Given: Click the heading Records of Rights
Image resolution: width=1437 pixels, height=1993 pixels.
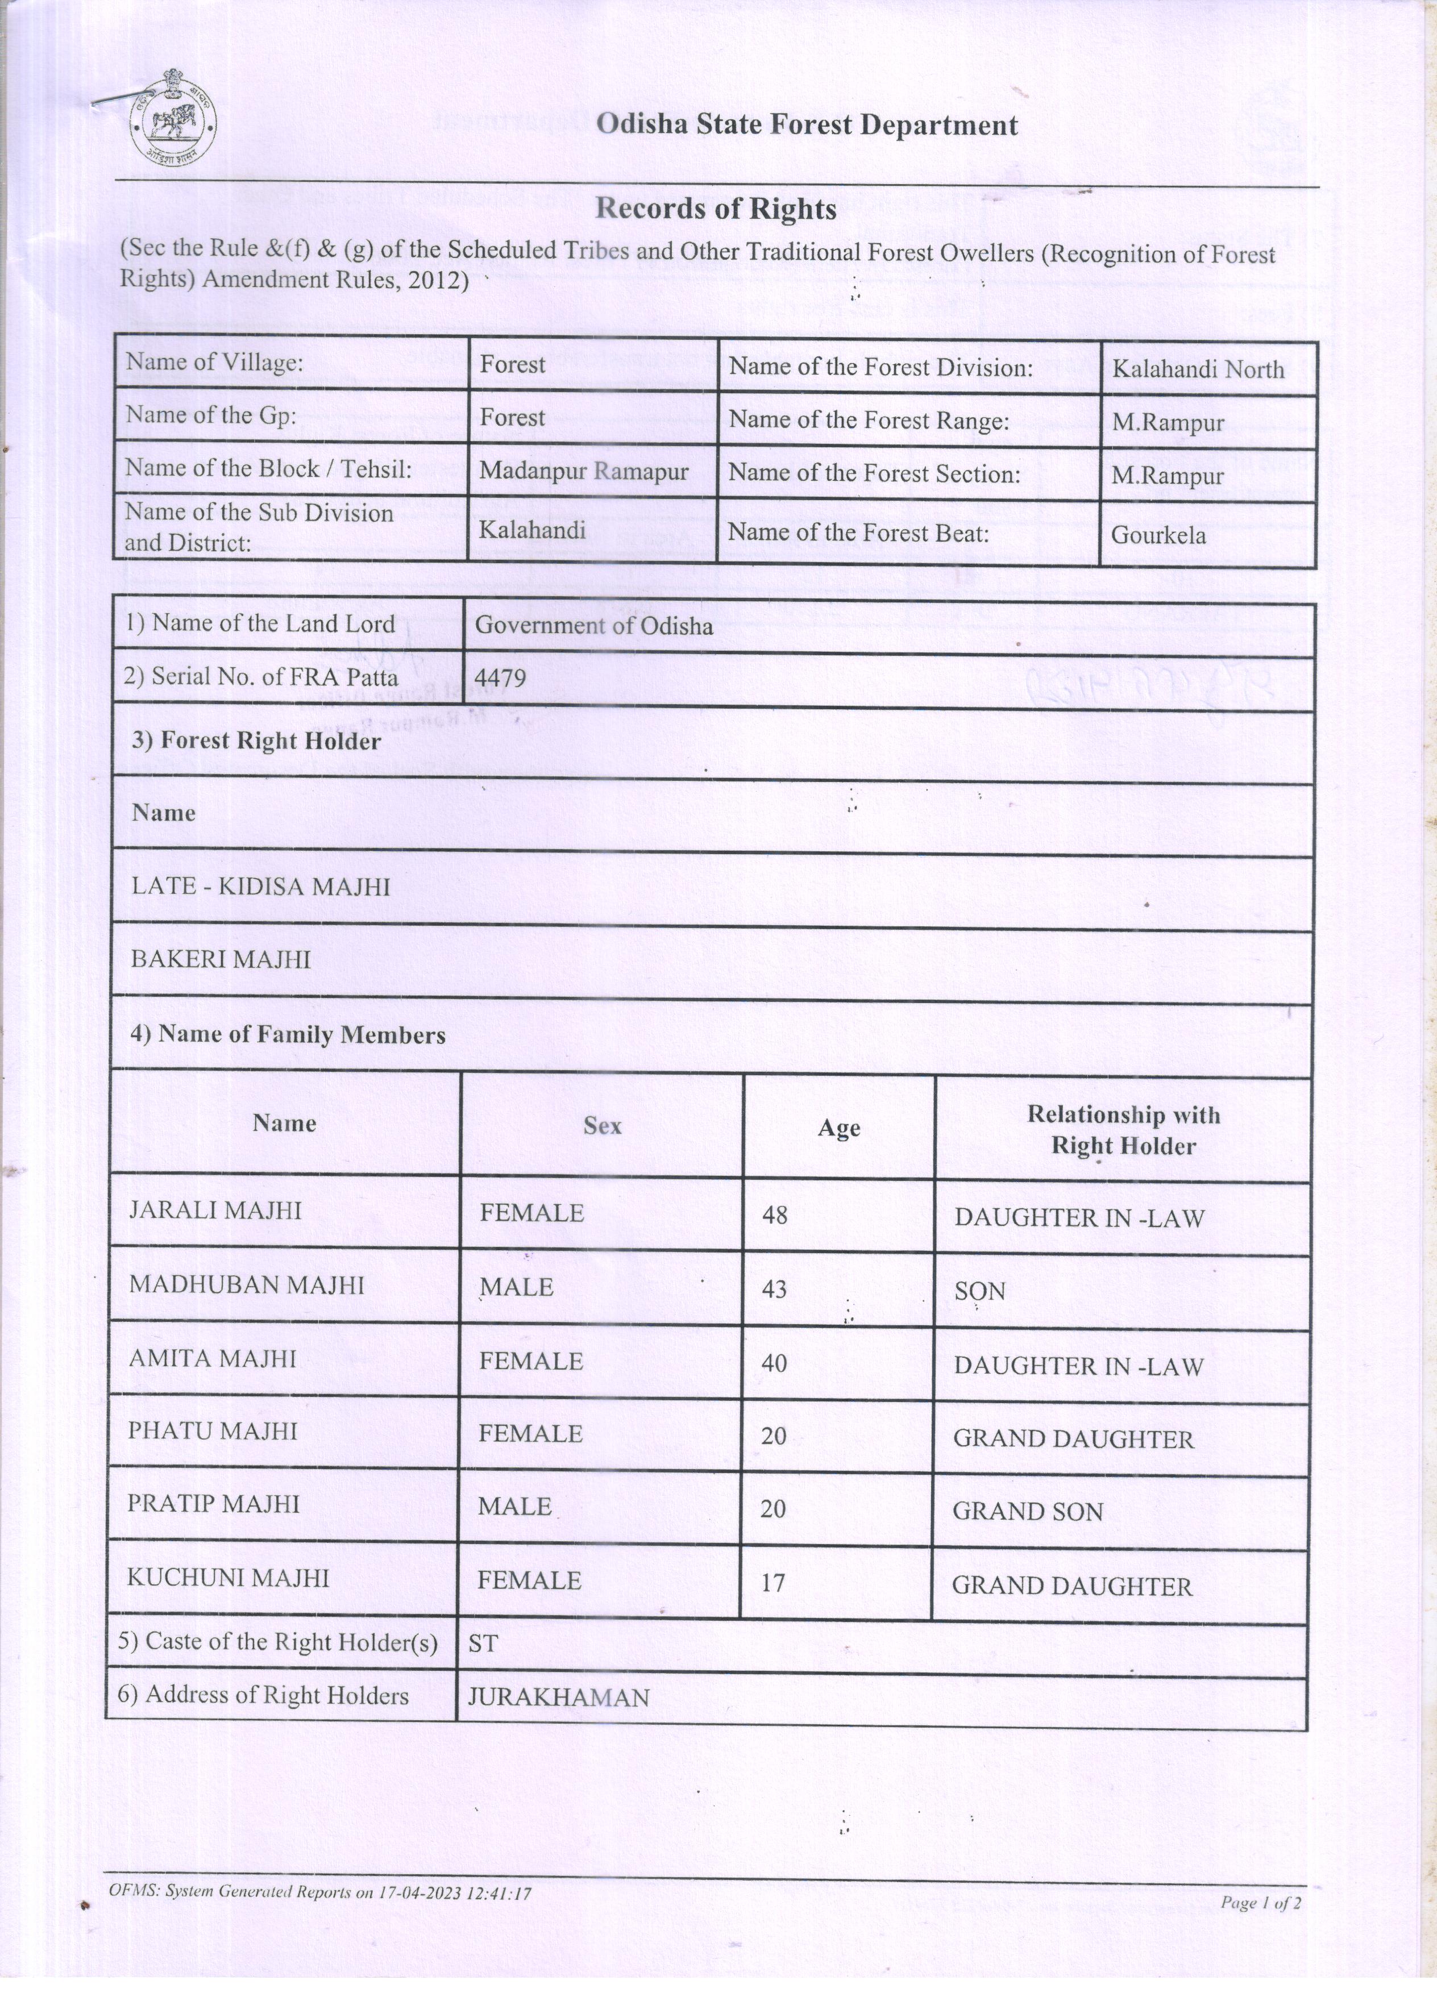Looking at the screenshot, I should [716, 209].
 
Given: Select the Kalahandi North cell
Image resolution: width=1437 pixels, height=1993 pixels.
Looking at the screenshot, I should [1198, 369].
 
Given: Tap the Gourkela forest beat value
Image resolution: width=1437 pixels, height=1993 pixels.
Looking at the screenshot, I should [1158, 535].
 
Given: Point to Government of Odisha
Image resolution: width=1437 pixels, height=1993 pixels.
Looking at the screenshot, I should [594, 626].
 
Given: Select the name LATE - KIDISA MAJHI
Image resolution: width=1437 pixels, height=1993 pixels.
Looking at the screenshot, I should [260, 887].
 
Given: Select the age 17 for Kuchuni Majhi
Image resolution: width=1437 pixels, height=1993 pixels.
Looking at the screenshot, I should [773, 1583].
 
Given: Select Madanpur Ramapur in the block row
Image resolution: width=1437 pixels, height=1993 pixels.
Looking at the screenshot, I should [584, 471].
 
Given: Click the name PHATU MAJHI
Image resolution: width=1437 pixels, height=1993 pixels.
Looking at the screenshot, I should [213, 1430].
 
